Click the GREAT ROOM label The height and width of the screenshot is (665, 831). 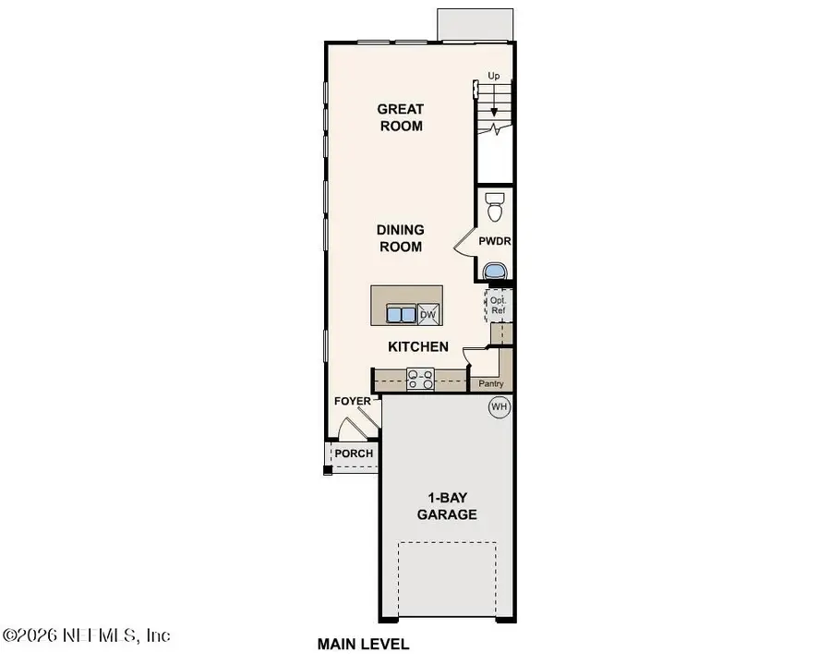click(x=400, y=117)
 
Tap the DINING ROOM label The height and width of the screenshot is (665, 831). click(x=400, y=238)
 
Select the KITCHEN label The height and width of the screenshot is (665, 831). click(x=417, y=347)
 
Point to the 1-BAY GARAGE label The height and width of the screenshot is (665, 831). click(x=446, y=506)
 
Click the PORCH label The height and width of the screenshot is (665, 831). click(x=354, y=453)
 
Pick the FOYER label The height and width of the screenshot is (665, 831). click(x=353, y=402)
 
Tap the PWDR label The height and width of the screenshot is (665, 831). click(x=495, y=242)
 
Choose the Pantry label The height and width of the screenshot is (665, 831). click(x=488, y=382)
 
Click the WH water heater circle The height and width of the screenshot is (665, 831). click(x=499, y=406)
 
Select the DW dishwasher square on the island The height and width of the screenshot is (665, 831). click(x=428, y=315)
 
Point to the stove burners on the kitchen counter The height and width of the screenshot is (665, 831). click(x=421, y=378)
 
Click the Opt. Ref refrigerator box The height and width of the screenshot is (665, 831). click(x=498, y=306)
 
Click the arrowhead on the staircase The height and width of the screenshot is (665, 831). click(x=495, y=112)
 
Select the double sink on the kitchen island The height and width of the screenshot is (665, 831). click(x=401, y=315)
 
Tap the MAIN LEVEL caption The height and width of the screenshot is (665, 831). click(x=363, y=644)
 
